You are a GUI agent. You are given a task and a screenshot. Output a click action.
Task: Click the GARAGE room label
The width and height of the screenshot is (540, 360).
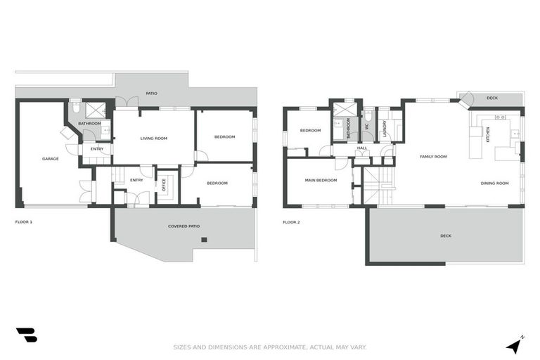tap(50, 159)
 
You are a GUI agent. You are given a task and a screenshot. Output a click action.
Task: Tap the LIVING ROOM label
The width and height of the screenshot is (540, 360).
tap(153, 139)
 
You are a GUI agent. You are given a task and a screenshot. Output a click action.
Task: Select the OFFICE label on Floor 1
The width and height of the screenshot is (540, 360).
tap(164, 186)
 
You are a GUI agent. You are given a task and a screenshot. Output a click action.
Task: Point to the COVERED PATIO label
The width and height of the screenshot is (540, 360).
tap(184, 226)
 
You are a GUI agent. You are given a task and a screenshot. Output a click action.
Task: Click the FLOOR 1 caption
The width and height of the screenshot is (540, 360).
tap(24, 222)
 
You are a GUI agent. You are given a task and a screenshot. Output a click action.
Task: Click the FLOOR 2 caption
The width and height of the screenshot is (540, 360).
tap(291, 222)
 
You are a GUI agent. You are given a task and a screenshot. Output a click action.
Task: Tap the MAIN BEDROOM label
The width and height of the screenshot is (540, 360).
tap(320, 180)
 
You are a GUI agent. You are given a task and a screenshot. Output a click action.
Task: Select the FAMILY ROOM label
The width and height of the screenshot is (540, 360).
tap(433, 156)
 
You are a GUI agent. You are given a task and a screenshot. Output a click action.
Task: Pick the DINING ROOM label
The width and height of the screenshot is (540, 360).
tap(494, 183)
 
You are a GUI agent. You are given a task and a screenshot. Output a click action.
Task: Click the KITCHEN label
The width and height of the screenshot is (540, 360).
tap(488, 134)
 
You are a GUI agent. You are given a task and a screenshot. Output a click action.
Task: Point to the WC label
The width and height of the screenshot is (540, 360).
tap(366, 127)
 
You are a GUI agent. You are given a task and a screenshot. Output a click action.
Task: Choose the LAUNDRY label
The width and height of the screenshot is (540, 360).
tap(384, 129)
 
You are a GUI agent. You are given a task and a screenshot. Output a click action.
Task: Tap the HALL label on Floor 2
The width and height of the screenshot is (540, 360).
tap(362, 148)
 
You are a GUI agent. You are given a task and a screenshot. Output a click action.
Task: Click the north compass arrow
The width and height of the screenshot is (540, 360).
tap(515, 345)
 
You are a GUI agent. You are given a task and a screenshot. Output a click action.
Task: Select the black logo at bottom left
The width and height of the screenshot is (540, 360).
tap(26, 335)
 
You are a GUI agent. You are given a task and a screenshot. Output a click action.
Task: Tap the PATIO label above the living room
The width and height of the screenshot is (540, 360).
tap(152, 94)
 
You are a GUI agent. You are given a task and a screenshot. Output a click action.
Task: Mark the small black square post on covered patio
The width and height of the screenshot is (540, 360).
tap(204, 240)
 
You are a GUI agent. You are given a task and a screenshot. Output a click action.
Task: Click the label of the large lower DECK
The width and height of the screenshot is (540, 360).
tap(445, 236)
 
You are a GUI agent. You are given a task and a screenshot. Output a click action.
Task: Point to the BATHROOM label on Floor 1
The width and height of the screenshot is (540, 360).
tap(89, 124)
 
